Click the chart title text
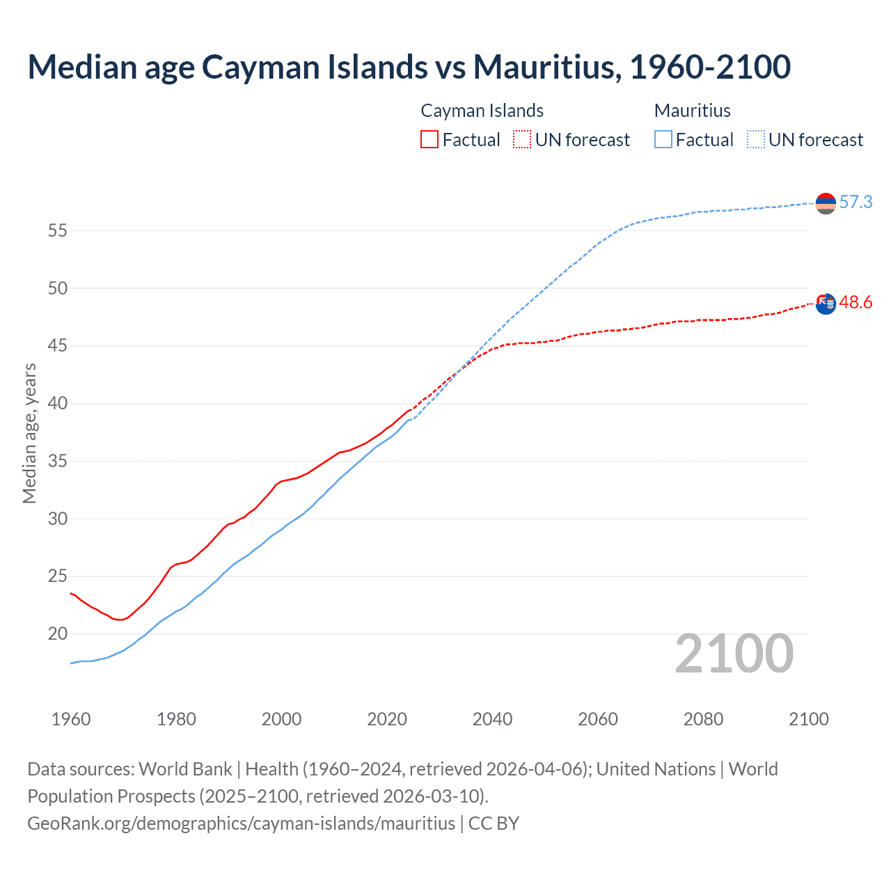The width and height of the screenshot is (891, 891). click(409, 67)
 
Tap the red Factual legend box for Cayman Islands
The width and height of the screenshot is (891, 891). click(429, 139)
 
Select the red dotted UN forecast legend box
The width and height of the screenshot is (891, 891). click(522, 139)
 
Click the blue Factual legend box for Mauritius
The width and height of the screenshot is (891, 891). click(663, 139)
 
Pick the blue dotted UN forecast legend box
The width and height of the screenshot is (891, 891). click(756, 139)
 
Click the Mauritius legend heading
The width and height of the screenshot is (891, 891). click(692, 111)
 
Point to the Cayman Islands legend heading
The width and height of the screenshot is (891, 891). click(482, 111)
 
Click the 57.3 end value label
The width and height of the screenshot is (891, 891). click(855, 203)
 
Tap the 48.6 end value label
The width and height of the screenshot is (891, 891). click(855, 303)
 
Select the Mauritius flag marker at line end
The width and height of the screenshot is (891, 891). click(826, 203)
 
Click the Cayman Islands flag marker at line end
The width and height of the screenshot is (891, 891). click(826, 303)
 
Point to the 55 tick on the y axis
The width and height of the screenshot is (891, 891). click(57, 230)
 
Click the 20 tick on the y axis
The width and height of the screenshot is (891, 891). click(57, 634)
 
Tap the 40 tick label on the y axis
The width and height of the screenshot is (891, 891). click(57, 404)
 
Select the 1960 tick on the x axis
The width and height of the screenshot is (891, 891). click(71, 719)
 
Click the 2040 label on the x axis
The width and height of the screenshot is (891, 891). click(492, 719)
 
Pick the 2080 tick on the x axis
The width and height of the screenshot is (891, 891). click(703, 719)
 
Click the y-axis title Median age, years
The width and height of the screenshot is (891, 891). click(29, 433)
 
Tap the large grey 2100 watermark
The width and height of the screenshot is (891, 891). click(734, 654)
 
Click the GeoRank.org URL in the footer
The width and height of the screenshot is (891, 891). click(241, 823)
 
